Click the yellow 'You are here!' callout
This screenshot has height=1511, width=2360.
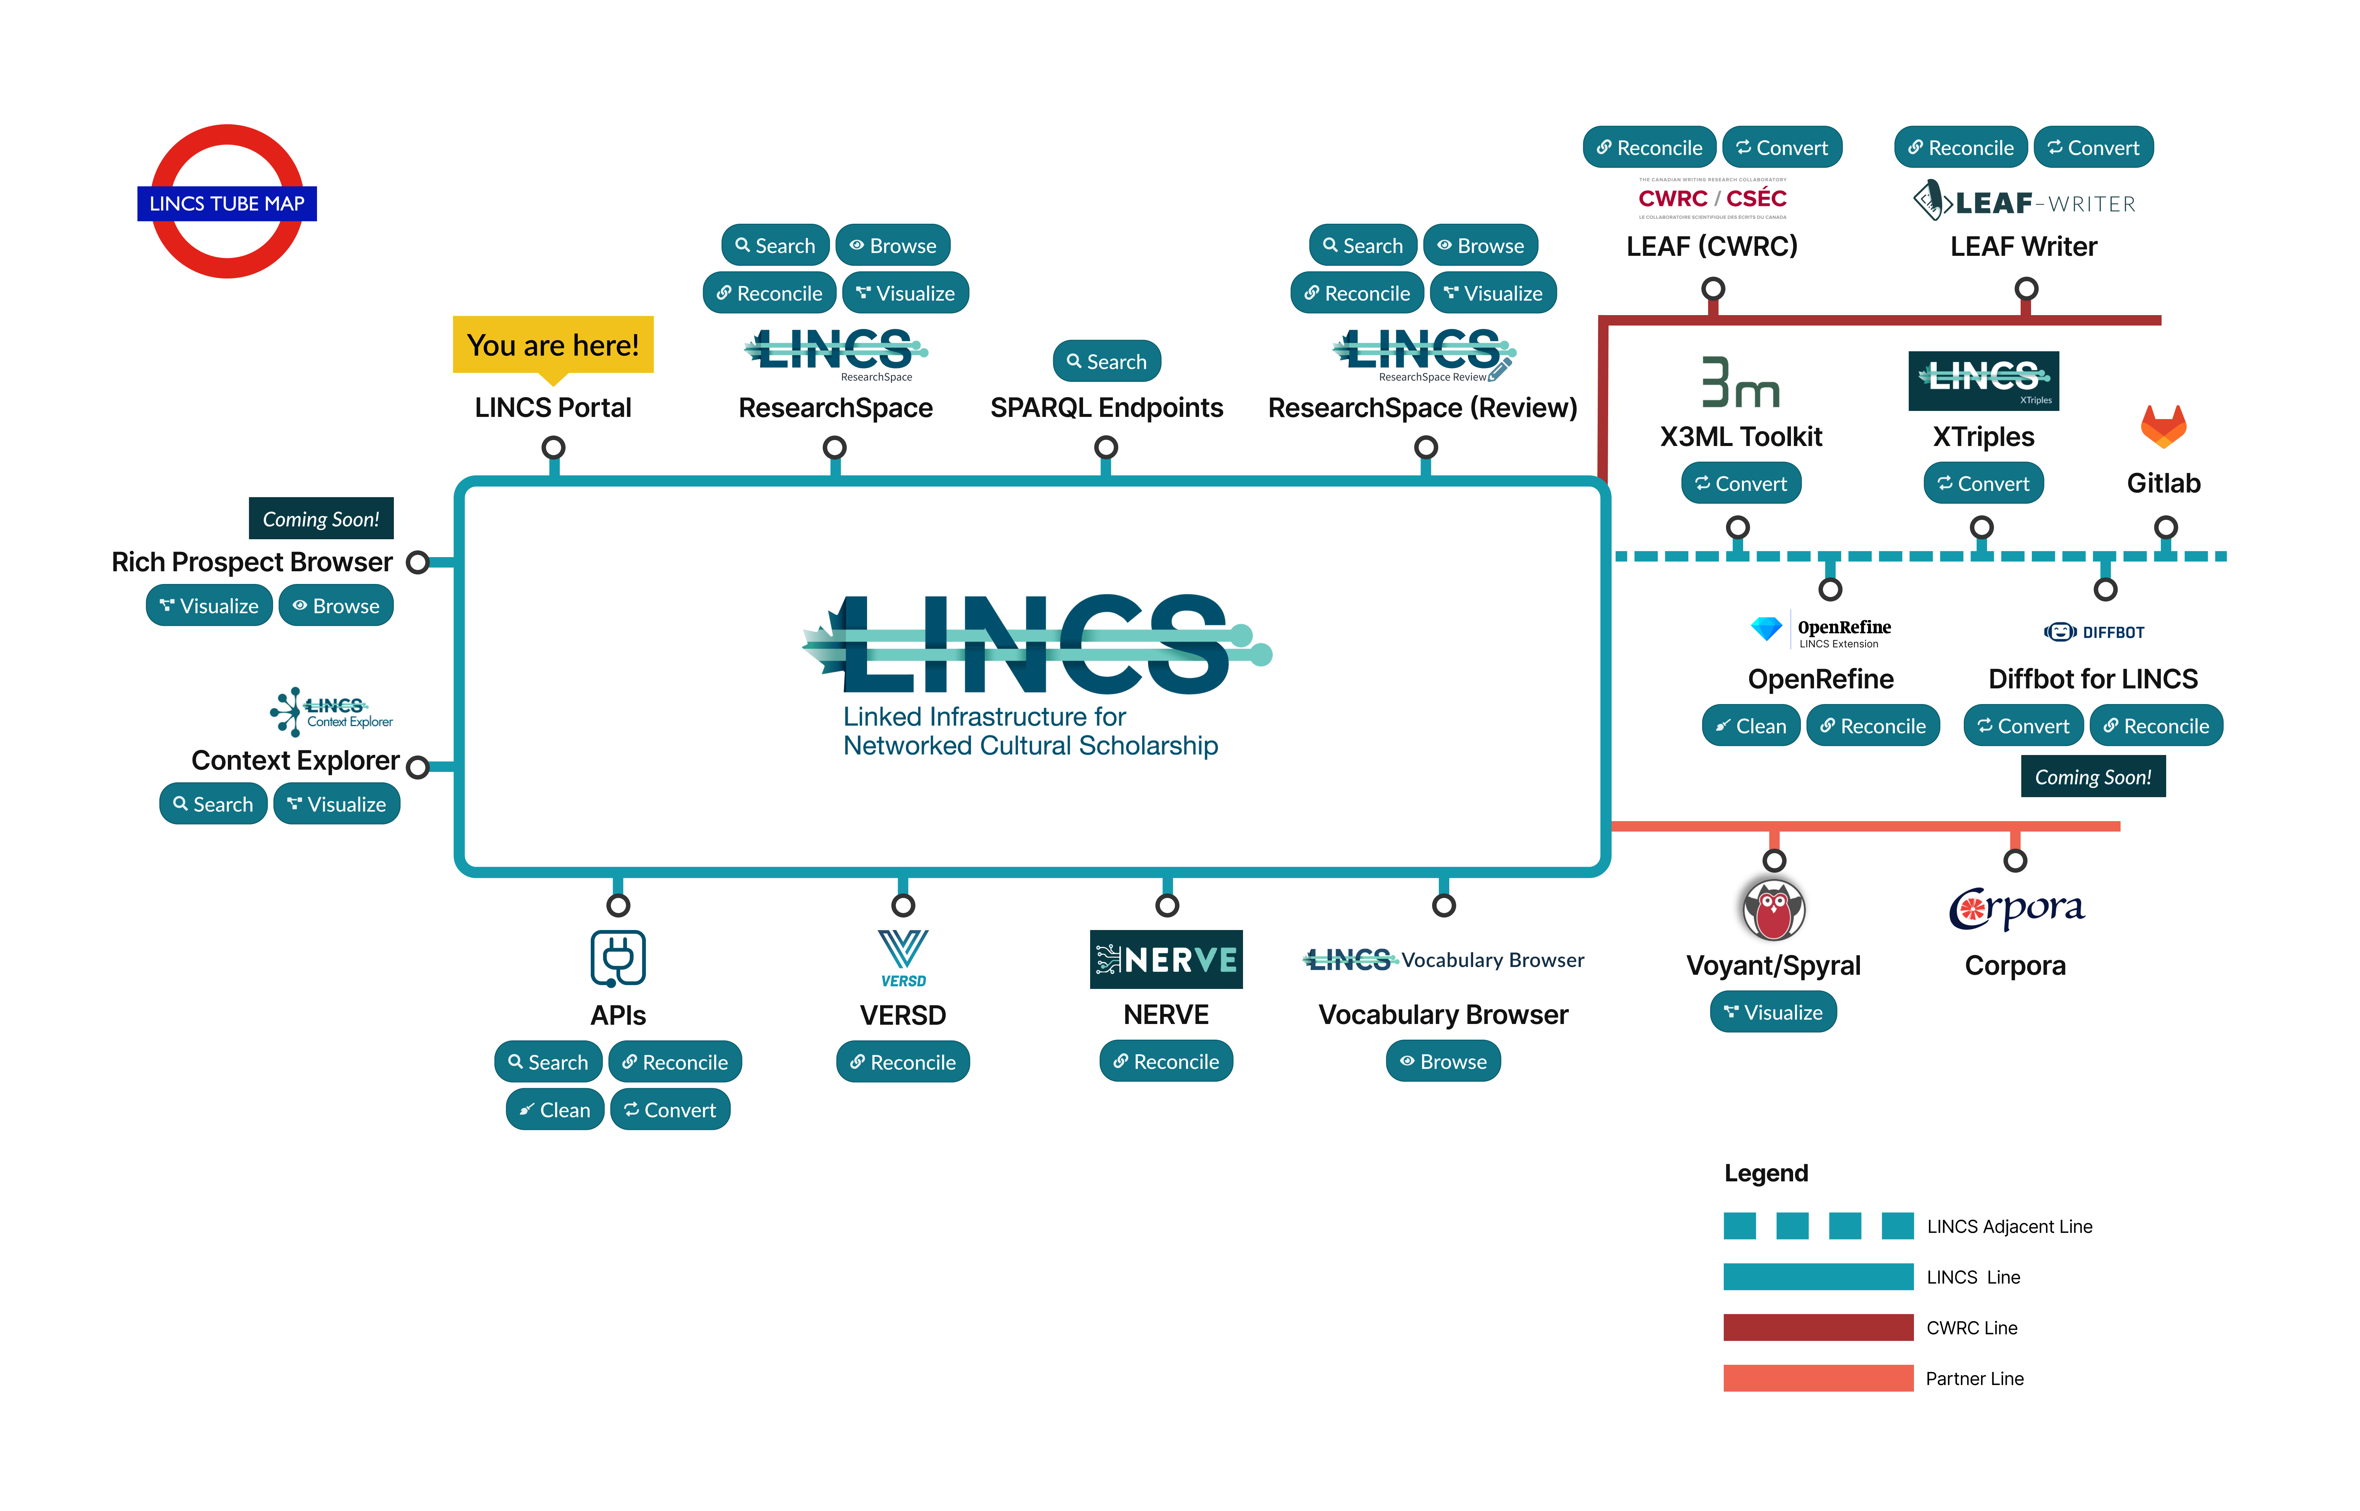(x=552, y=345)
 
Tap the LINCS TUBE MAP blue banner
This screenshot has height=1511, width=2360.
(x=227, y=203)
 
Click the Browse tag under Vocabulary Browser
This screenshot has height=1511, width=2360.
(x=1443, y=1062)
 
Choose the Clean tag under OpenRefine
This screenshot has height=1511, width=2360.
(x=1751, y=726)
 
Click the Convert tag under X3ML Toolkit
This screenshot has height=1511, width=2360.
(x=1741, y=484)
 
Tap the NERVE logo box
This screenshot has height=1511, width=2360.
(x=1166, y=959)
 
